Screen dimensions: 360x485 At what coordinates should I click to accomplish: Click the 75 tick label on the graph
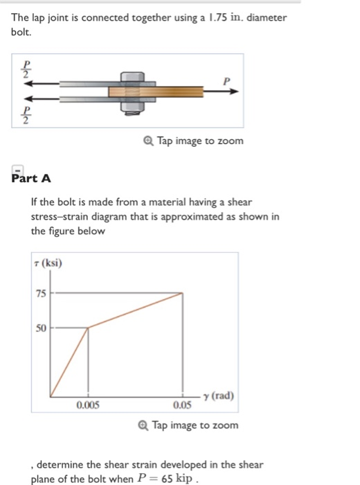point(42,294)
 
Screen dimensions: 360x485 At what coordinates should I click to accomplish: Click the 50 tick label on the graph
point(42,328)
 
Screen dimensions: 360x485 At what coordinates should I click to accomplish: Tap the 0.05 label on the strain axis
point(183,405)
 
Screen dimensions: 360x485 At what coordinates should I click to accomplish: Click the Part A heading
point(32,178)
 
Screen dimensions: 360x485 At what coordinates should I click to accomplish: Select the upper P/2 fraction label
point(26,71)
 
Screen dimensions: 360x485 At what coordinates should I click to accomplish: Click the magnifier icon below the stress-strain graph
point(143,425)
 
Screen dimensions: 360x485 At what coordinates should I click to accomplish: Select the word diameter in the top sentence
point(266,17)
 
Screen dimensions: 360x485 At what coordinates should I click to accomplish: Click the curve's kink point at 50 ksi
point(88,328)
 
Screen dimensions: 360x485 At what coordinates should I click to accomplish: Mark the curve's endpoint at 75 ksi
point(183,294)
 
